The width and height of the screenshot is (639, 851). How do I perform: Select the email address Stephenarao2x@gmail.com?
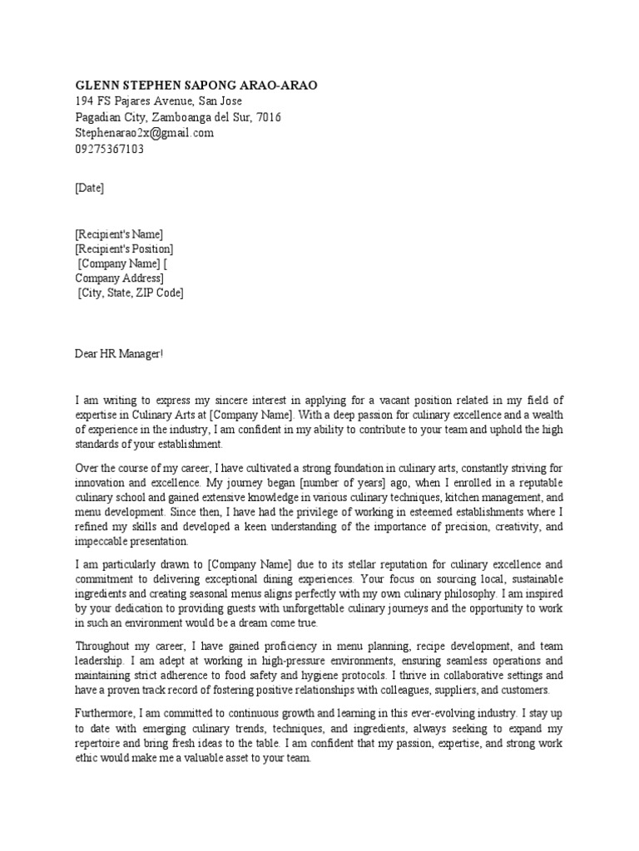(144, 133)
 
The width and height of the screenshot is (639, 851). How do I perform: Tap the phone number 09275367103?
(109, 149)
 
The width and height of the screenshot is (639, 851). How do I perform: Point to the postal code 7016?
(269, 117)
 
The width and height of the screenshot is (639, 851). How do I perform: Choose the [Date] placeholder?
(90, 188)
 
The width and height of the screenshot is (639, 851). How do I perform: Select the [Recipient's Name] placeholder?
(119, 234)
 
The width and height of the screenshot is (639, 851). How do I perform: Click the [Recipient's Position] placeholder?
(124, 248)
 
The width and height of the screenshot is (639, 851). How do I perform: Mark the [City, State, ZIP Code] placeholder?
(131, 293)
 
